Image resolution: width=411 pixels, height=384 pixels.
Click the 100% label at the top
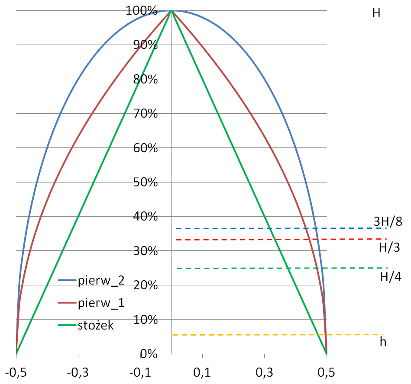141,10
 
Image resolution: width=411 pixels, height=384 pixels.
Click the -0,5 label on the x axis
16,373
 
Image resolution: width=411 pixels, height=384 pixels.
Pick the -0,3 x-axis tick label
78,373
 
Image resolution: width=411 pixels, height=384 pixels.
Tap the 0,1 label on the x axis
202,373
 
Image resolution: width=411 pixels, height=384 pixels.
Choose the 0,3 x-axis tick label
264,373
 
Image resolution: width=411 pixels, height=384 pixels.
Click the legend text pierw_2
101,281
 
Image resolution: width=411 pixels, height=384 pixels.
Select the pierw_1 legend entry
101,303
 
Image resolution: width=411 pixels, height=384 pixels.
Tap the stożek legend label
96,326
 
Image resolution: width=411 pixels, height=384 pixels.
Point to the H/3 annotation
389,248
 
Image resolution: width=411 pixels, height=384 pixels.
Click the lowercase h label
383,342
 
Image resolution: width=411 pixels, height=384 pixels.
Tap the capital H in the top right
376,13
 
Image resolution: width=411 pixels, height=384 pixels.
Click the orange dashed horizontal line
277,335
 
